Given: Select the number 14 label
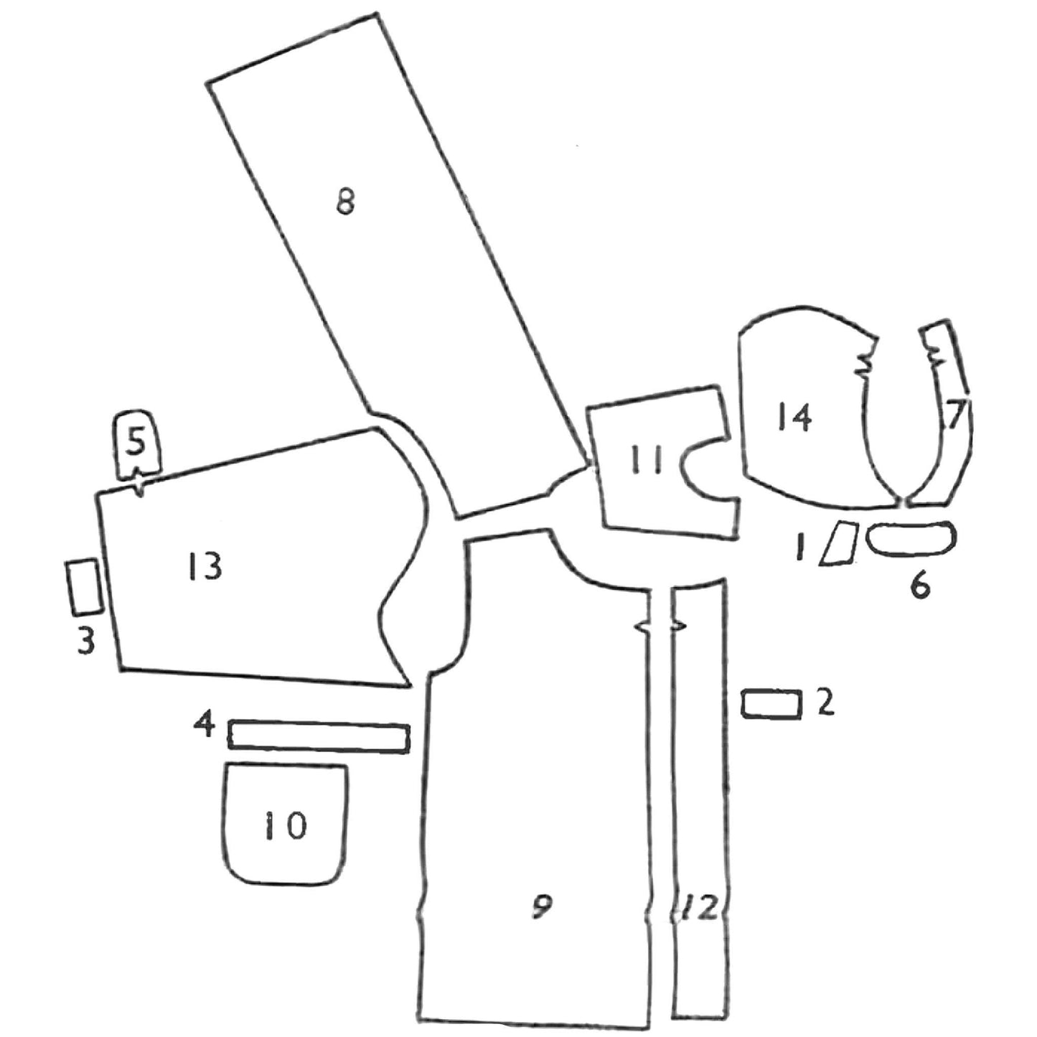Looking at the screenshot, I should point(793,416).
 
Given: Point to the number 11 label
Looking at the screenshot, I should point(647,460).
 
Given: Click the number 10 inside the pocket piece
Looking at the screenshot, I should point(285,826).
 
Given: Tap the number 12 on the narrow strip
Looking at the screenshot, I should point(700,909).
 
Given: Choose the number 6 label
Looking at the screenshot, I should point(919,586).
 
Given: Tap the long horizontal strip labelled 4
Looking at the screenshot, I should point(319,737).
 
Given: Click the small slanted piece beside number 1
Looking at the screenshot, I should point(839,544).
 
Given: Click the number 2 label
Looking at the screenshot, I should point(826,703).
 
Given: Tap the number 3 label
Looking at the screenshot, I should point(86,642).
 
